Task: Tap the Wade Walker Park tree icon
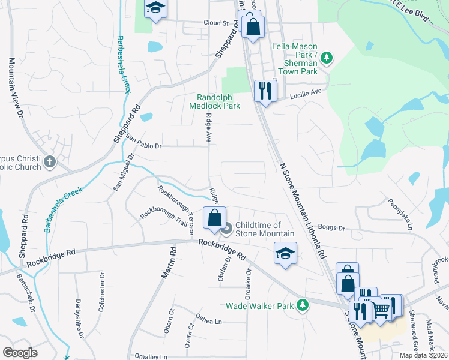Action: tap(303, 305)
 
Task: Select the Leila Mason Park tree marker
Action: tap(327, 58)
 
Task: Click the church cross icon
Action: tap(50, 161)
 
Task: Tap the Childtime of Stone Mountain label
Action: tap(259, 229)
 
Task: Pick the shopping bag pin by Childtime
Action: tap(214, 219)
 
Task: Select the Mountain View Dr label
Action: tap(15, 88)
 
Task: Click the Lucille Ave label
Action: tap(306, 92)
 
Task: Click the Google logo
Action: tap(20, 353)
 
